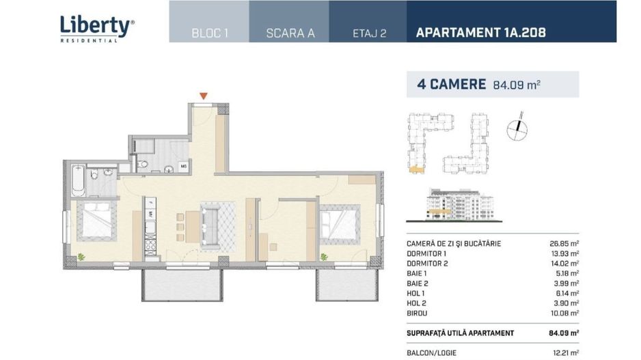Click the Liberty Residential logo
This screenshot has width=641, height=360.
[97, 29]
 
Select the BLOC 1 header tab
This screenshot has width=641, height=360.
[209, 33]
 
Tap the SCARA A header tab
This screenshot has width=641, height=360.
[290, 33]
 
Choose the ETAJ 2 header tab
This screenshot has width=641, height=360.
[369, 33]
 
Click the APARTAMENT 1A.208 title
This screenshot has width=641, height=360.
[480, 32]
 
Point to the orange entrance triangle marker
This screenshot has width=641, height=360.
[203, 96]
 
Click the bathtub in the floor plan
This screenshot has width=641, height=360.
[78, 180]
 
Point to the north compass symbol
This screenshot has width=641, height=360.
[517, 128]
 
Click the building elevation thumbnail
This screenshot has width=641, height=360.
[454, 205]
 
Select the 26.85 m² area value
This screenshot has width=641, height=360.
[564, 244]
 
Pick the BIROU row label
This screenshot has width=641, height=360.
[417, 314]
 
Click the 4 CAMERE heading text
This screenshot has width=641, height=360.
[451, 84]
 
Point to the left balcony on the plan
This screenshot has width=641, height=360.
[182, 286]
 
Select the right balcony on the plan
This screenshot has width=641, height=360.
[347, 286]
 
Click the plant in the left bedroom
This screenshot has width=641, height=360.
[81, 257]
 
